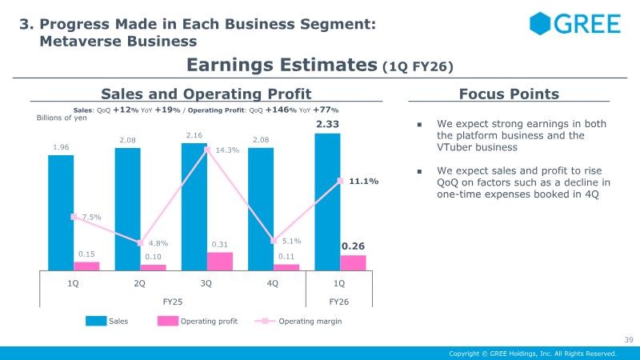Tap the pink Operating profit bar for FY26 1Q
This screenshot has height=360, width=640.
click(x=353, y=262)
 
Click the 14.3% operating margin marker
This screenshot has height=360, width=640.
click(x=207, y=150)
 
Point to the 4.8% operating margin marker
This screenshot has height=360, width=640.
click(x=140, y=243)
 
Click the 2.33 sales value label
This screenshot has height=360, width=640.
click(x=328, y=124)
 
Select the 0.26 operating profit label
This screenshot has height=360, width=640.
click(x=353, y=246)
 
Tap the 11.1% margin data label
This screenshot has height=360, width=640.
click(x=363, y=182)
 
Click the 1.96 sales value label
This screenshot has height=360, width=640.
click(x=61, y=146)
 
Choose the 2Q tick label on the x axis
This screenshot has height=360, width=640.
click(x=139, y=283)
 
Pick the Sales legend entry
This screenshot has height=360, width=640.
click(x=107, y=322)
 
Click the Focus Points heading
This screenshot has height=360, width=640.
click(x=509, y=94)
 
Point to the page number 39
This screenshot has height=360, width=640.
click(x=628, y=340)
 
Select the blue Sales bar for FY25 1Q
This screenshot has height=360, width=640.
click(x=61, y=212)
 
